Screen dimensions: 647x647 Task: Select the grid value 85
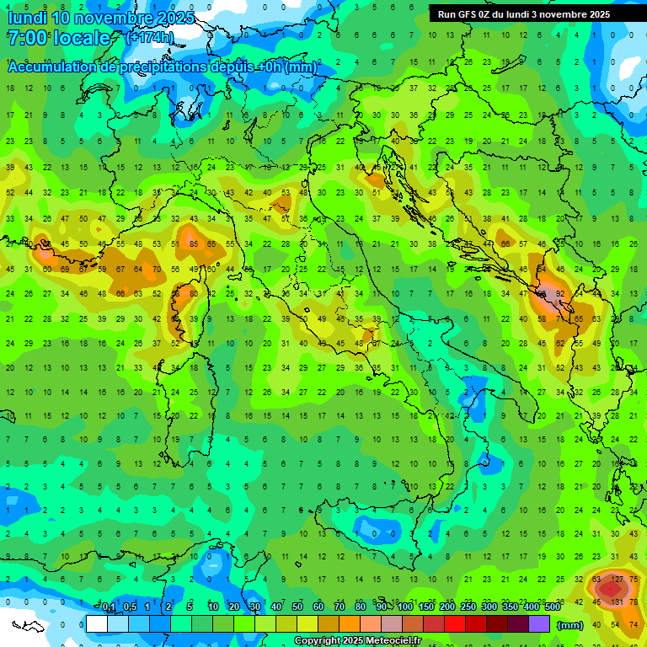(x=194, y=244)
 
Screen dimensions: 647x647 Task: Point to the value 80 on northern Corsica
(x=194, y=294)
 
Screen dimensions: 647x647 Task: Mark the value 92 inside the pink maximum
(x=559, y=294)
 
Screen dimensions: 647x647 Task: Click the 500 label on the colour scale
(x=553, y=607)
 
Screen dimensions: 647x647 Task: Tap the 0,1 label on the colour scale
(x=109, y=607)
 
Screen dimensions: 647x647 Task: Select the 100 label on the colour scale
(x=405, y=607)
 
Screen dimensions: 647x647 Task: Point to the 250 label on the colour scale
(x=468, y=607)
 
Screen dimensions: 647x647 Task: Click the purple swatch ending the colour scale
(x=539, y=623)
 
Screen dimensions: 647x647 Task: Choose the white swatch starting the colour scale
(x=96, y=623)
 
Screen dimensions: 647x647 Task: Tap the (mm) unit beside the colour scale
(x=570, y=624)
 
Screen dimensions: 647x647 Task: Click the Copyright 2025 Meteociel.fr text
(x=357, y=640)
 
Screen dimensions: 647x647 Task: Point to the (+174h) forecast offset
(x=149, y=38)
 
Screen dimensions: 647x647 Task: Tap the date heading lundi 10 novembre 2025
(x=99, y=17)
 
